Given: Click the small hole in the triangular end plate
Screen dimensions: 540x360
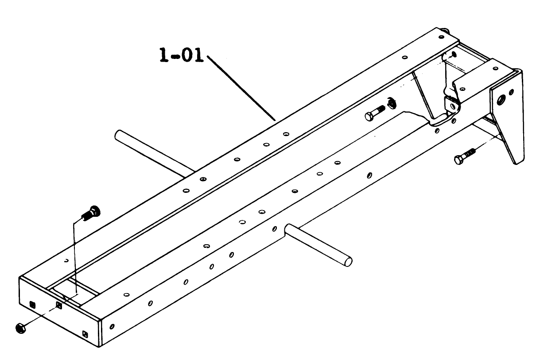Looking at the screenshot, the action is (512, 92).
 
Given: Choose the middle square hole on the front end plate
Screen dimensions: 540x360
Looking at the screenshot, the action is (59, 305).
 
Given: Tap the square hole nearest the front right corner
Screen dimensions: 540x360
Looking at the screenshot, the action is (85, 333).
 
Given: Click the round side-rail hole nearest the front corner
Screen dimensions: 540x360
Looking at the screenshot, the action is (112, 327).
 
